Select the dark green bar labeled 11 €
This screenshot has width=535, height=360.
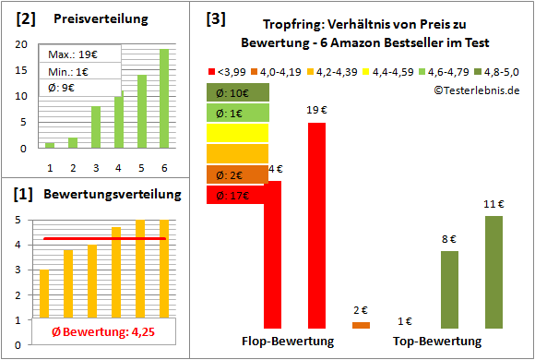point(493,271)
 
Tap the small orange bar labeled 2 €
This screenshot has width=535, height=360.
point(361,325)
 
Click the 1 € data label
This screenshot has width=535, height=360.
point(405,321)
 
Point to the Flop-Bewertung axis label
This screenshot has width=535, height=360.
point(288,342)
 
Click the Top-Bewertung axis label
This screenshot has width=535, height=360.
point(437,342)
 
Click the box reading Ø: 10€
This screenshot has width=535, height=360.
point(238,92)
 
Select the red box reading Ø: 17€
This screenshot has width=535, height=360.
point(238,195)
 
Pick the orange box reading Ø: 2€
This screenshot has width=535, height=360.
point(238,174)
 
